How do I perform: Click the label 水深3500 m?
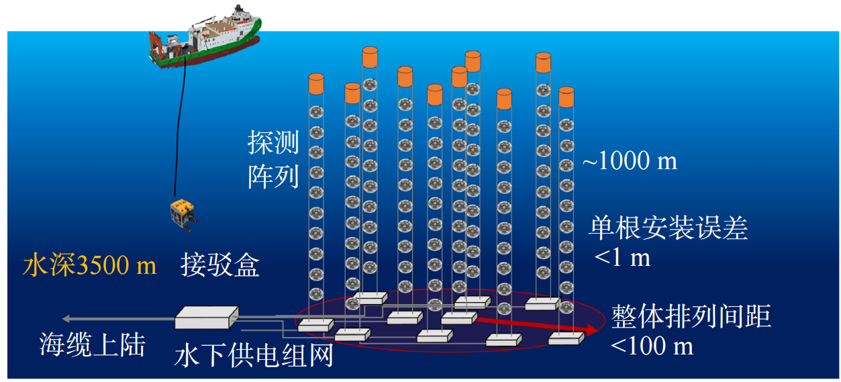[x=89, y=266]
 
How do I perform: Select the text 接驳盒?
[x=219, y=267]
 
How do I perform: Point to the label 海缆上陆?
[x=93, y=345]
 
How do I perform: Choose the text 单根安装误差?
[x=668, y=229]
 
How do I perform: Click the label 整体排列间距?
[x=691, y=317]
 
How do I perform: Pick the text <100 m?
[x=652, y=346]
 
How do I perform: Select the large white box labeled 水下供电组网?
[x=207, y=317]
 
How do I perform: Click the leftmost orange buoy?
[x=315, y=85]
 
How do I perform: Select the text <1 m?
[x=622, y=258]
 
